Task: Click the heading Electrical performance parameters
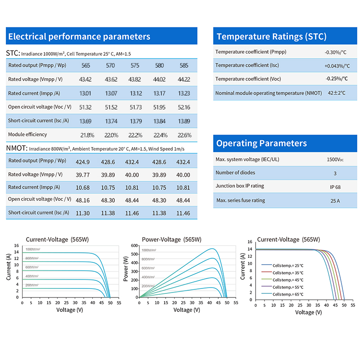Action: point(79,36)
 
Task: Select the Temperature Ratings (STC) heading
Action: point(271,36)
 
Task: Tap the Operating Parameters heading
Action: point(261,143)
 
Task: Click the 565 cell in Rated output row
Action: point(85,66)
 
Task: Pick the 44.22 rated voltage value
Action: point(184,80)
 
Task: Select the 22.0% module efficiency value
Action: point(111,135)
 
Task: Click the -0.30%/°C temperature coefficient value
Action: point(335,52)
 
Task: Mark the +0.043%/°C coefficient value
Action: point(337,66)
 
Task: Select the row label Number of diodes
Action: point(235,172)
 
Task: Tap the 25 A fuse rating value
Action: point(335,201)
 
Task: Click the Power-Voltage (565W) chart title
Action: point(171,239)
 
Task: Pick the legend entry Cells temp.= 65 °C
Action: point(288,294)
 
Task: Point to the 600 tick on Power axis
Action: point(133,246)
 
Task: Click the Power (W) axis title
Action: point(126,271)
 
